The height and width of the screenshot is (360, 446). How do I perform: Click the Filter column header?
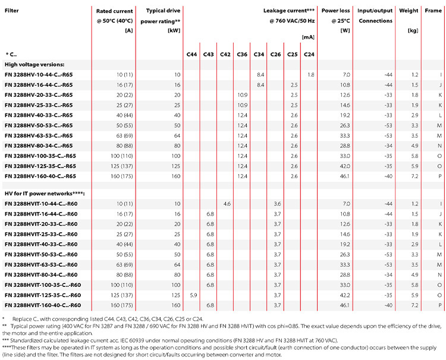[x=12, y=11]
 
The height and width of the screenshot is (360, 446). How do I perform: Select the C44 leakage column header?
[x=191, y=54]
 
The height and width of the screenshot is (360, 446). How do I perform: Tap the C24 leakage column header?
[x=309, y=54]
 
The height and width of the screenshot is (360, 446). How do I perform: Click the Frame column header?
[x=433, y=11]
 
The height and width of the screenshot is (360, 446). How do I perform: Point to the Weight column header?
[x=409, y=11]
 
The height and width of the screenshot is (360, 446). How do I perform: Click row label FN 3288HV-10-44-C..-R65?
[x=39, y=75]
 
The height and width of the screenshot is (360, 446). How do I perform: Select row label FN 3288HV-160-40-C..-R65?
[x=40, y=176]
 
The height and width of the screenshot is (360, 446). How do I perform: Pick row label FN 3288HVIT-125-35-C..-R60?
[x=43, y=295]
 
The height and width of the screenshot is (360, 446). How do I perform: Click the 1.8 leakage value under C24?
[x=311, y=75]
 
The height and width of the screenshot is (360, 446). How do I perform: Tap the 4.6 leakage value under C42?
[x=227, y=204]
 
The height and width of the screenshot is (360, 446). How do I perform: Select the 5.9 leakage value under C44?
[x=193, y=295]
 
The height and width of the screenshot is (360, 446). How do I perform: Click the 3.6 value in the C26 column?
[x=277, y=204]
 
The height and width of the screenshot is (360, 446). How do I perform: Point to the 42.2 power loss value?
[x=345, y=295]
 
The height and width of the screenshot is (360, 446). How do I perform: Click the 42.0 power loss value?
[x=345, y=166]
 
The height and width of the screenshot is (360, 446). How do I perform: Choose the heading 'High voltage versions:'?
[x=34, y=65]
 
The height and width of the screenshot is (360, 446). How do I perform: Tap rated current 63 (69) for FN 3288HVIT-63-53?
[x=125, y=265]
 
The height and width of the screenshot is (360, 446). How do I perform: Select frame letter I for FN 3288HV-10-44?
[x=441, y=75]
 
